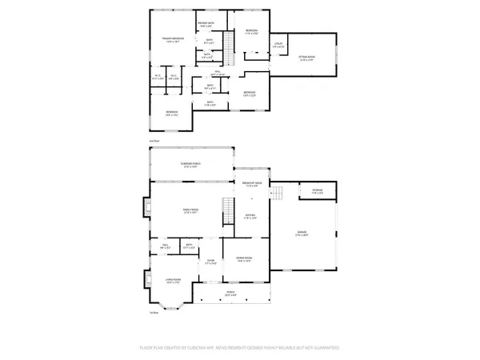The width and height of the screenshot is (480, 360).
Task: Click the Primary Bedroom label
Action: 174,40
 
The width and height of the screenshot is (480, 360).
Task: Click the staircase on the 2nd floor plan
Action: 229,47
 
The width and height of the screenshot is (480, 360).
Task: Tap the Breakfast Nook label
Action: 251,185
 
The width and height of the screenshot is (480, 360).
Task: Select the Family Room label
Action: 190,212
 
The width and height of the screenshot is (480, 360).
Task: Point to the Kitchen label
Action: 249,217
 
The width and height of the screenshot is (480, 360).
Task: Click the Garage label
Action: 301,234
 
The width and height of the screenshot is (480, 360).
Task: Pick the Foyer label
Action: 211,262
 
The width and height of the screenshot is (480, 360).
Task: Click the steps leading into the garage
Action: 279,194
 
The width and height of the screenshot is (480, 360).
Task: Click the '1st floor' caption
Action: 153,313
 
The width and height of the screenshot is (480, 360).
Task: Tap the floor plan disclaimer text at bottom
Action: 240,349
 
